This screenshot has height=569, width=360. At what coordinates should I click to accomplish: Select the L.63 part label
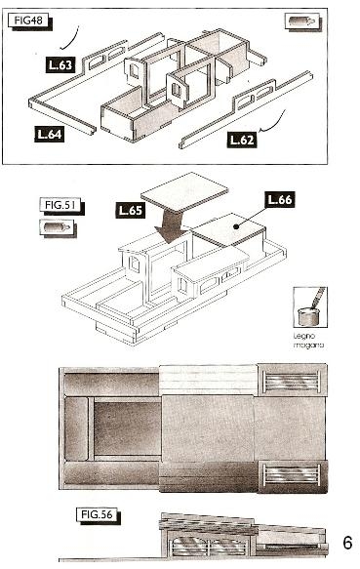60,65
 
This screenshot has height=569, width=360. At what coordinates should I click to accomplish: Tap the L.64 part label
50,134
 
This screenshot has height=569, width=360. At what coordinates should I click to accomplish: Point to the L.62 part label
242,140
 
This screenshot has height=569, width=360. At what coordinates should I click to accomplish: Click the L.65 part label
130,210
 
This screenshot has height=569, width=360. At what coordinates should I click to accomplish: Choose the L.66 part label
279,199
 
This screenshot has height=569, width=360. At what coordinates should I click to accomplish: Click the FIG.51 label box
60,205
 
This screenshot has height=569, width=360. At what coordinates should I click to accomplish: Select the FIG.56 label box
98,515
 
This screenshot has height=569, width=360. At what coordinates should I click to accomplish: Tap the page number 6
347,543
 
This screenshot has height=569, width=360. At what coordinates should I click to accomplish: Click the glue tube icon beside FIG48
302,21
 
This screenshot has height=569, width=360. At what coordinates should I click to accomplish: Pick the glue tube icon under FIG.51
58,227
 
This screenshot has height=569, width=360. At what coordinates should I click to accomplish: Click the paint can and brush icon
310,306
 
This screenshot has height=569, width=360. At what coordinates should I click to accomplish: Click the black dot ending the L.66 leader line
236,226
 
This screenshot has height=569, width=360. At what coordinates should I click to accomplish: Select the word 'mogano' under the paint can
308,345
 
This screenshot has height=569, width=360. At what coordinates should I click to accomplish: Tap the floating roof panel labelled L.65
184,192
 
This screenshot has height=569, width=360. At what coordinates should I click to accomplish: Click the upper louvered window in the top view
292,381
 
